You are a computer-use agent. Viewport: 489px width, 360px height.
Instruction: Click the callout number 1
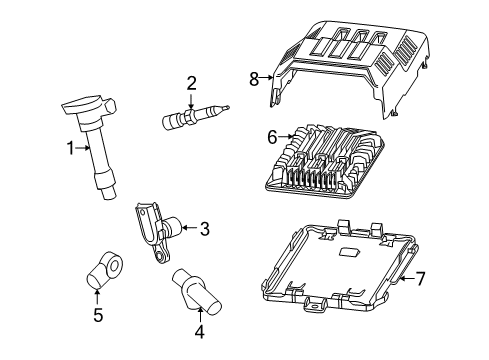(71, 149)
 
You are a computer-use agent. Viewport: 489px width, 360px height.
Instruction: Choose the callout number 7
(420, 279)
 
